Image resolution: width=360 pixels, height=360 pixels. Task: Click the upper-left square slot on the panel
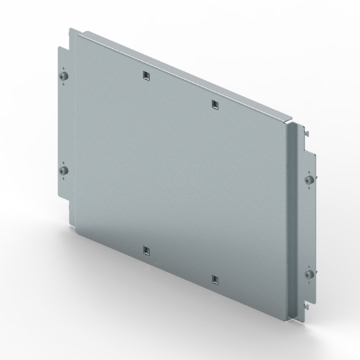pyautogui.click(x=145, y=76)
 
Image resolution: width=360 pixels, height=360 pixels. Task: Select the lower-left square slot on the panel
pyautogui.click(x=145, y=250)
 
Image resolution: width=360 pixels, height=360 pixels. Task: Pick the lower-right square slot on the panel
pyautogui.click(x=215, y=280)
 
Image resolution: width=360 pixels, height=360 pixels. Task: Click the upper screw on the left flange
pyautogui.click(x=62, y=77)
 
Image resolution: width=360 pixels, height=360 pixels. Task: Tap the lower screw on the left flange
pyautogui.click(x=62, y=171)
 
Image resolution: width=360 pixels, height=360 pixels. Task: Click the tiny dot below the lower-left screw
pyautogui.click(x=62, y=180)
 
